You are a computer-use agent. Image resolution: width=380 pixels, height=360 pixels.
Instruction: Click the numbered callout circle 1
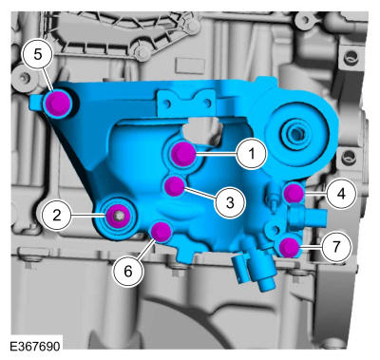252,154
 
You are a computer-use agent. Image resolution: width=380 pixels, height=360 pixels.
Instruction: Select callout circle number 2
57,216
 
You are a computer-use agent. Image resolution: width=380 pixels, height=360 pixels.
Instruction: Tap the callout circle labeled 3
230,202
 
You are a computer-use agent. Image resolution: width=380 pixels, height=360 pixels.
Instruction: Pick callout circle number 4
341,193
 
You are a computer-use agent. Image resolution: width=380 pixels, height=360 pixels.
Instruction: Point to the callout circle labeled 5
38,54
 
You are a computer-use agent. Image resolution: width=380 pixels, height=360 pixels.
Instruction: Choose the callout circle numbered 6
128,272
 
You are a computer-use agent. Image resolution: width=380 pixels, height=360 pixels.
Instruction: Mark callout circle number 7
336,246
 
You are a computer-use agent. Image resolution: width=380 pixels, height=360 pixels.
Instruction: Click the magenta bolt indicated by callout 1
183,154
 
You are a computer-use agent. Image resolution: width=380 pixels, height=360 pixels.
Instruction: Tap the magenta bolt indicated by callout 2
118,216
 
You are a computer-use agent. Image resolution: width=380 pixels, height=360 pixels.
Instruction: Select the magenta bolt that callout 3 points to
175,186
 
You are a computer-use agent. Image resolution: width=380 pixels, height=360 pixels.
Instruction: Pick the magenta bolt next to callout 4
294,193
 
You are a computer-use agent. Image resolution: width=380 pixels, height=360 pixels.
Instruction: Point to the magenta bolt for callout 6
161,232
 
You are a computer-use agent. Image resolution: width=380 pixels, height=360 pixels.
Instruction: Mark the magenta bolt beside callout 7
289,247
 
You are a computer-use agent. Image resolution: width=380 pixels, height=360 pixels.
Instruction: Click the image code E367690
34,346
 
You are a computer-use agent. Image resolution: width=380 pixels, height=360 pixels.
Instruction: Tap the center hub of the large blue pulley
294,131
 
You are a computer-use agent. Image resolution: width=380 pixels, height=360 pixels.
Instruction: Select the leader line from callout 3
200,194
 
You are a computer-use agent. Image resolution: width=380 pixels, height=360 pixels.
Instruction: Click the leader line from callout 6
146,249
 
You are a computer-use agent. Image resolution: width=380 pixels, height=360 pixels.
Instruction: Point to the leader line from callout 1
216,154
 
